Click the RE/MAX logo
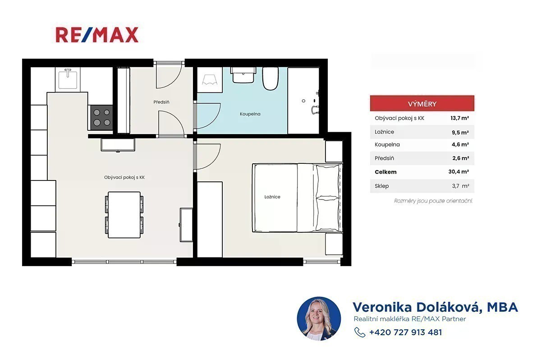point(97,35)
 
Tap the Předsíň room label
point(161,102)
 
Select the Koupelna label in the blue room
point(250,114)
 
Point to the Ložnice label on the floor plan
point(272,197)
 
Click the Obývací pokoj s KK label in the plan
point(124,177)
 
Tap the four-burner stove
point(102,118)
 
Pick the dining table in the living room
point(124,215)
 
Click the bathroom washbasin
point(243,75)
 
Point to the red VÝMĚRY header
point(422,103)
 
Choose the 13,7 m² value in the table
point(459,118)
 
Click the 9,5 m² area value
point(460,132)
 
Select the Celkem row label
point(385,172)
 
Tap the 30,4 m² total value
point(458,172)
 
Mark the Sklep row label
point(381,186)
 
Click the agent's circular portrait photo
point(319,318)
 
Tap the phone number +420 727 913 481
point(405,332)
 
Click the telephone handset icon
point(360,332)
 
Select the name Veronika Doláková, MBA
point(435,307)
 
